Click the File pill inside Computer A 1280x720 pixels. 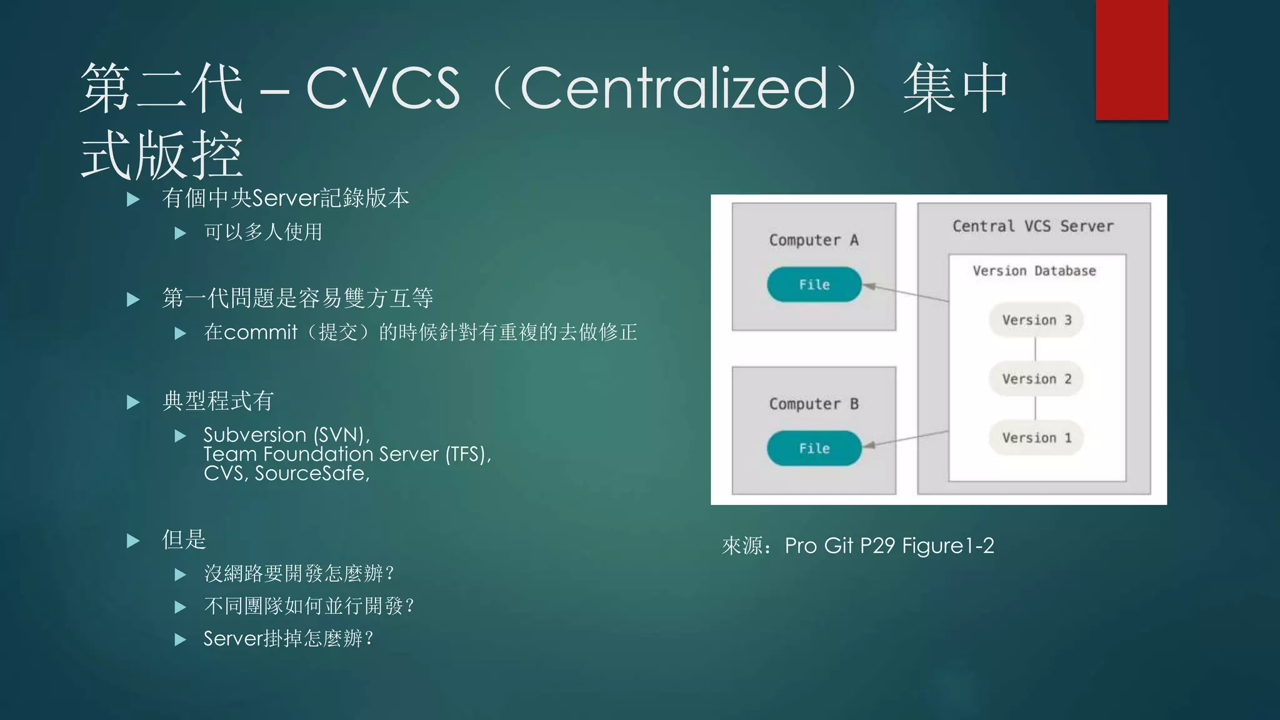pos(814,284)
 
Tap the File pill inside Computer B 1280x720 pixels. pos(814,448)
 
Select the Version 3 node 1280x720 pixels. pos(1036,320)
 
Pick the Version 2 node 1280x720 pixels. pos(1036,379)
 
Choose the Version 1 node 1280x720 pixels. pos(1036,437)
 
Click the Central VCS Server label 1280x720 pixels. pos(1032,226)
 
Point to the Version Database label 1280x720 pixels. pos(1034,271)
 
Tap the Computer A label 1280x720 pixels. pos(813,240)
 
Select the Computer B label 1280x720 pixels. pos(813,404)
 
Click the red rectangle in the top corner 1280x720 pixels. pos(1131,59)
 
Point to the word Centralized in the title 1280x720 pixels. pos(674,88)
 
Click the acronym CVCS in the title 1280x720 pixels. pos(382,88)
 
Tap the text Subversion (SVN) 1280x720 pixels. pos(286,434)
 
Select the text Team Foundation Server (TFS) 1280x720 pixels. pos(347,454)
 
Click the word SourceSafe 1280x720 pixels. pos(311,473)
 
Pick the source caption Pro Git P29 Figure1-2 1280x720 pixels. pos(889,546)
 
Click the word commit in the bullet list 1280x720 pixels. pos(260,332)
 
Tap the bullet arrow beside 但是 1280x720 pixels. pos(133,541)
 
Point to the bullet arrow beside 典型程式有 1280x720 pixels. pos(133,402)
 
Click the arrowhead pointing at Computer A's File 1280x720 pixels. pos(869,286)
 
